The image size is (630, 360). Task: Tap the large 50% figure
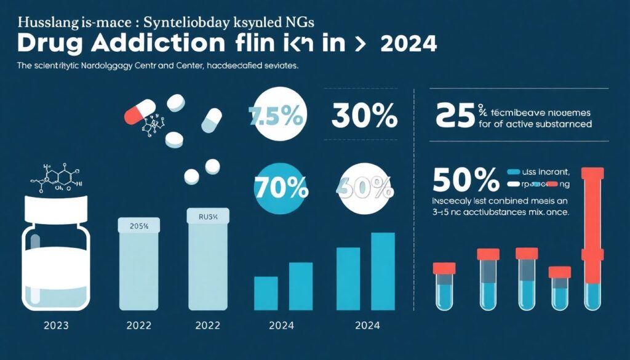pos(466,180)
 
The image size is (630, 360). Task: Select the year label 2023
pos(55,325)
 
